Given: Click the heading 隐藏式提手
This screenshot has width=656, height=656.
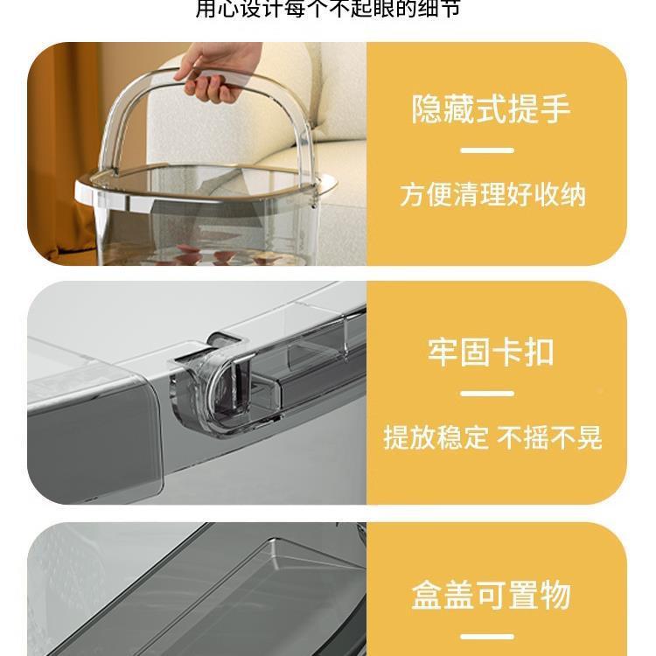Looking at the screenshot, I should (491, 109).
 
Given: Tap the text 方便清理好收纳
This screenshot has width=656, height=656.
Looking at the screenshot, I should (492, 194).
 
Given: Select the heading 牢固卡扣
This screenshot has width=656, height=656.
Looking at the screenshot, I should (491, 352).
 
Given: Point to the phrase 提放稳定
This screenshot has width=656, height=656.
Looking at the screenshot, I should (436, 437).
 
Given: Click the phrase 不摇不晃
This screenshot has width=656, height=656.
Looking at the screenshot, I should (550, 437).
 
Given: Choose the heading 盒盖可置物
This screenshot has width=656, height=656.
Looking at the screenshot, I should (491, 595).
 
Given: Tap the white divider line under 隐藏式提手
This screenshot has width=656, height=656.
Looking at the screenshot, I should (486, 150).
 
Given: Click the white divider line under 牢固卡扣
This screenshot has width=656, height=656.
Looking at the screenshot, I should (486, 393).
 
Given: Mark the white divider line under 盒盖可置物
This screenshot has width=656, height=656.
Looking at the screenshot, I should (486, 637).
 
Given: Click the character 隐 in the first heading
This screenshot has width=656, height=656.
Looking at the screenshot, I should (428, 109).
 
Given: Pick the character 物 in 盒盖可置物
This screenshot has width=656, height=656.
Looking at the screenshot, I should (555, 595).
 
